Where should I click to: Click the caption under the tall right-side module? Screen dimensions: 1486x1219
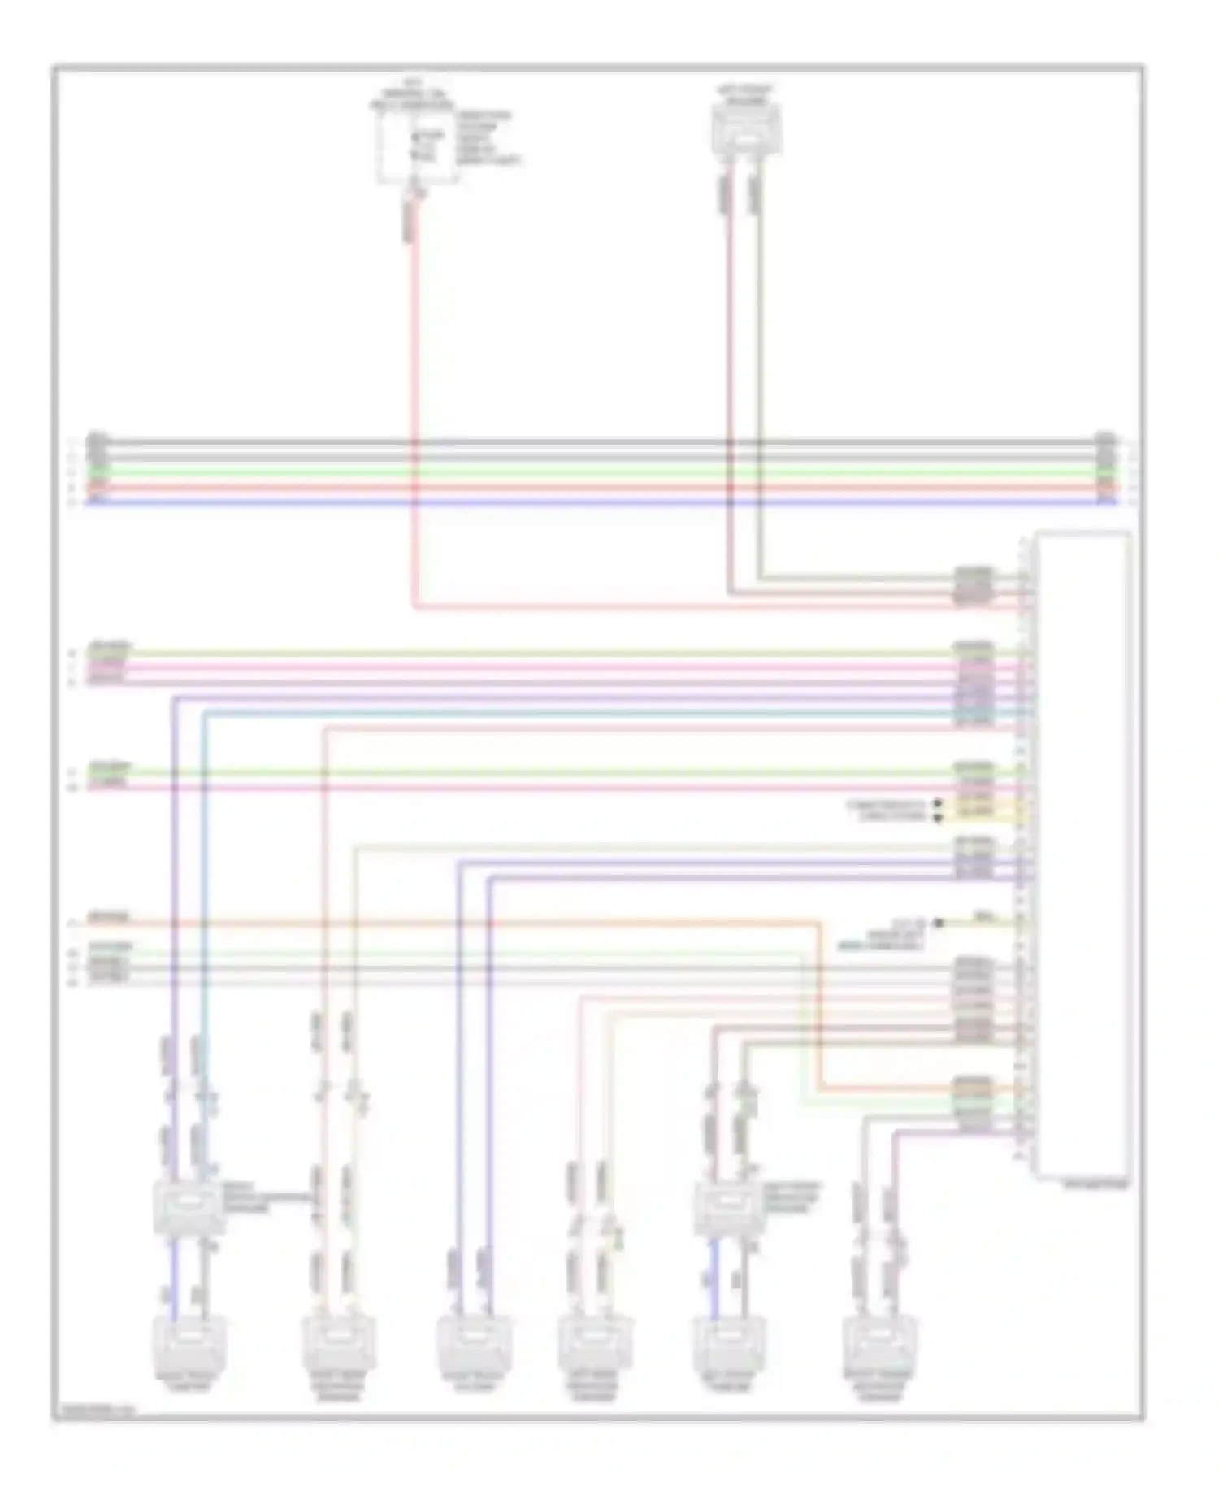pyautogui.click(x=1096, y=1185)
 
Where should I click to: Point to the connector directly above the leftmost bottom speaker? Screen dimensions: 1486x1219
pyautogui.click(x=188, y=1206)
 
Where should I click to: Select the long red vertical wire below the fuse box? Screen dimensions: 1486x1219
pyautogui.click(x=414, y=406)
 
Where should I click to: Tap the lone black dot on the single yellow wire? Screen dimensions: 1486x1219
pyautogui.click(x=938, y=923)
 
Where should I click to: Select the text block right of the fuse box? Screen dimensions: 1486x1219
pyautogui.click(x=487, y=138)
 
